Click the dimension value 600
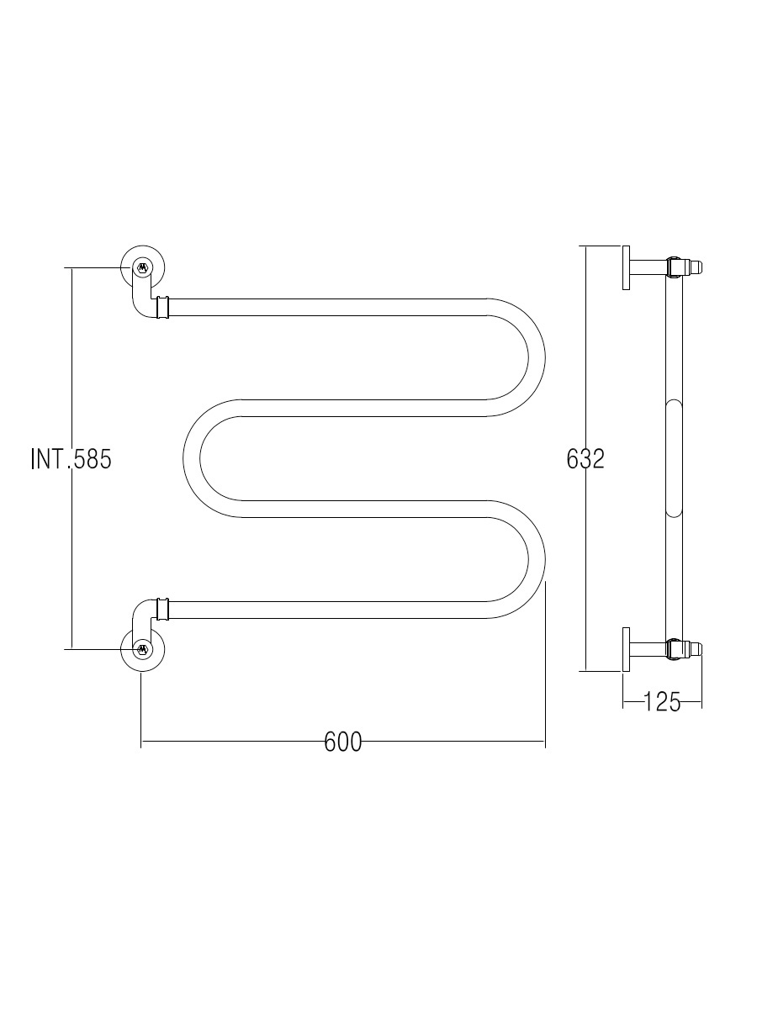click(343, 742)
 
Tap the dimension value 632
click(585, 459)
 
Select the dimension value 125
click(662, 702)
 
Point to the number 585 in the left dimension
click(93, 459)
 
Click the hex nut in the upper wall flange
click(142, 267)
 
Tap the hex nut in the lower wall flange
click(142, 648)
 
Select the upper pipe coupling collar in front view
click(162, 307)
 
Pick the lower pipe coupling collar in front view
click(162, 609)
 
